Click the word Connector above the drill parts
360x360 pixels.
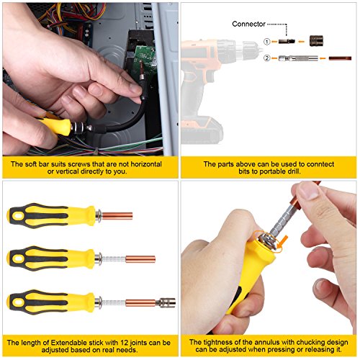coord(251,24)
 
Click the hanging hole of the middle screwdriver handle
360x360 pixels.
coord(17,257)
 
